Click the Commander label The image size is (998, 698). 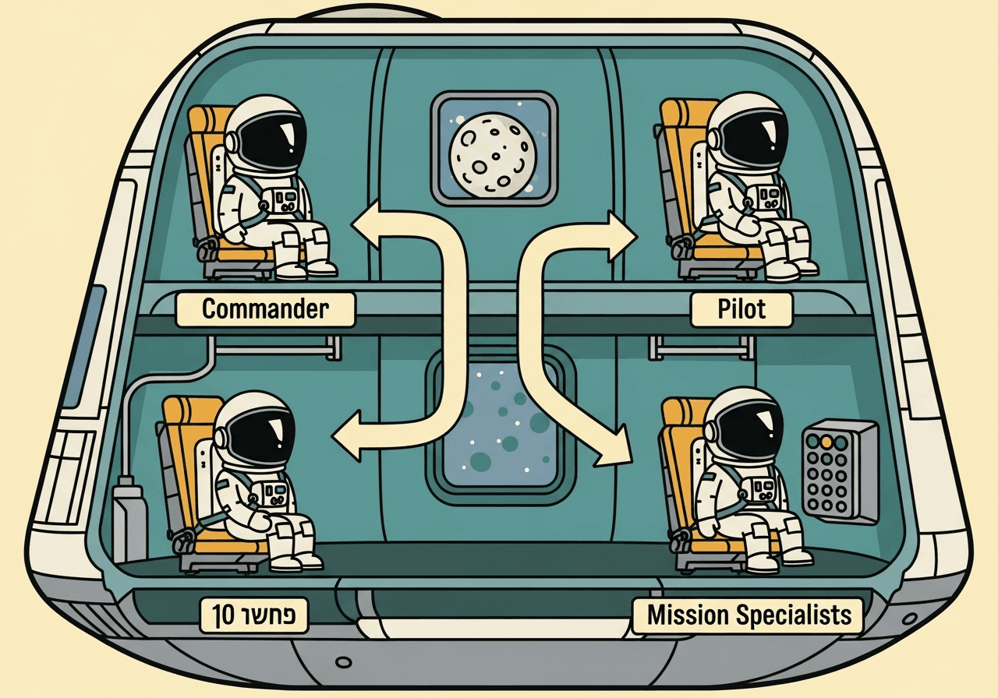tap(265, 309)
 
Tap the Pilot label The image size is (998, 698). tap(741, 309)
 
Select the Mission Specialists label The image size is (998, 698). tap(748, 615)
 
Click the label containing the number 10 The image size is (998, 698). tap(253, 615)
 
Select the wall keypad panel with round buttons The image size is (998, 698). tap(840, 471)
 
